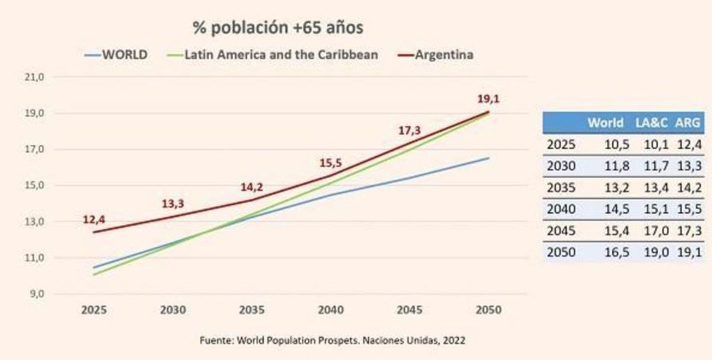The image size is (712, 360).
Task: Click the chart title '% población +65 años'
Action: (x=278, y=28)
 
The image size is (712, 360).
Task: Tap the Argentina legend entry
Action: (x=444, y=55)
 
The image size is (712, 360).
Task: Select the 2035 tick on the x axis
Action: (x=252, y=310)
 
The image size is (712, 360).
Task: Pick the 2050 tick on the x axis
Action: (x=488, y=310)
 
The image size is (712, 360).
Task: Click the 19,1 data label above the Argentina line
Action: (x=488, y=98)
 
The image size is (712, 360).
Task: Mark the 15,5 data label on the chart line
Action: (x=330, y=162)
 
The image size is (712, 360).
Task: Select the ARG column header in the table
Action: (x=689, y=123)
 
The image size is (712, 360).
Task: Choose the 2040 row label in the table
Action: (x=561, y=209)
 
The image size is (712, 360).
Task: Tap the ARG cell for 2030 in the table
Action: (x=690, y=166)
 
